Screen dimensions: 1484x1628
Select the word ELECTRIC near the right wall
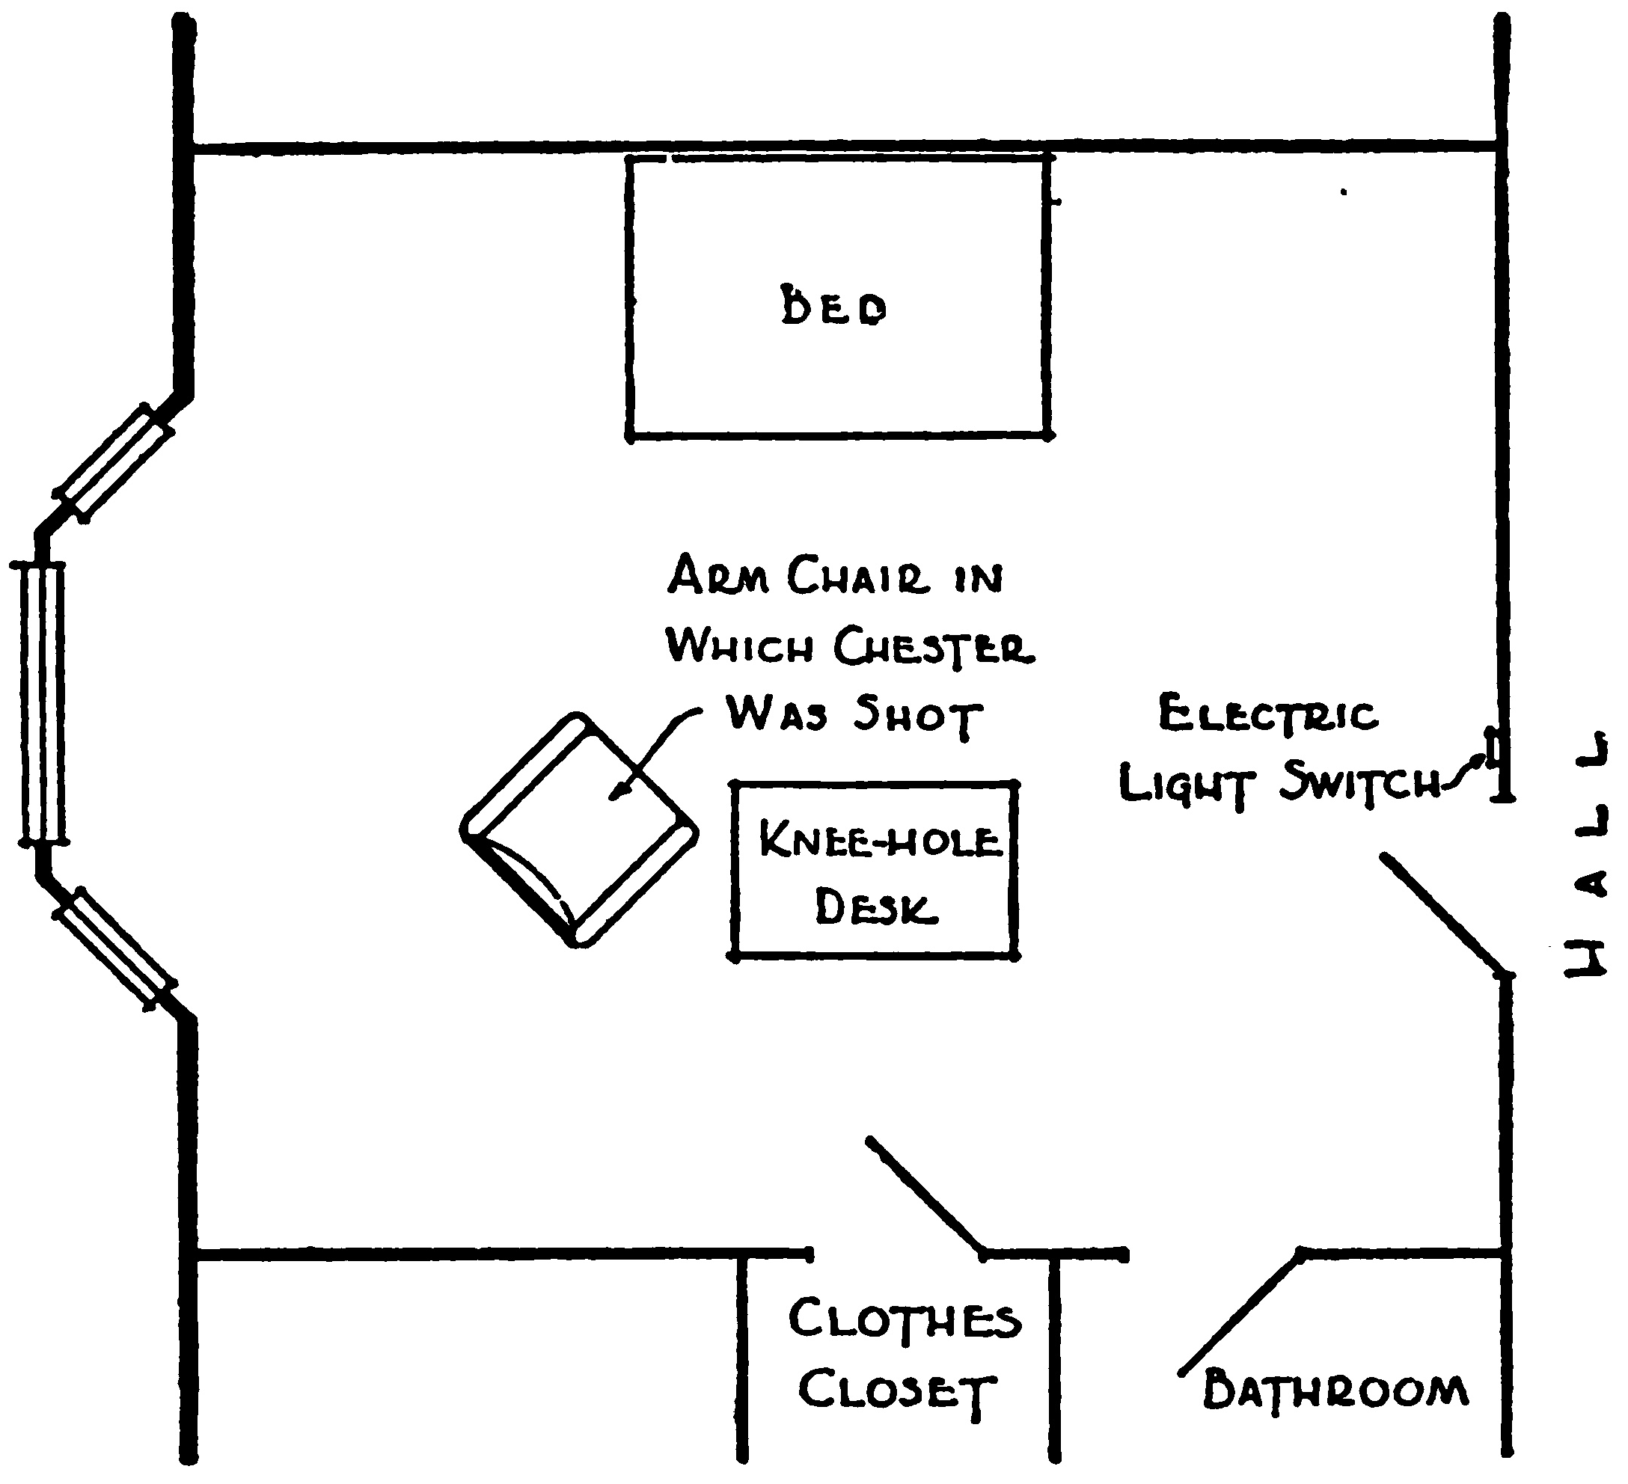tap(1268, 714)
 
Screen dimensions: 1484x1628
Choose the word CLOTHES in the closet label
tap(905, 1319)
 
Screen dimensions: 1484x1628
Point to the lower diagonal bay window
tap(114, 948)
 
